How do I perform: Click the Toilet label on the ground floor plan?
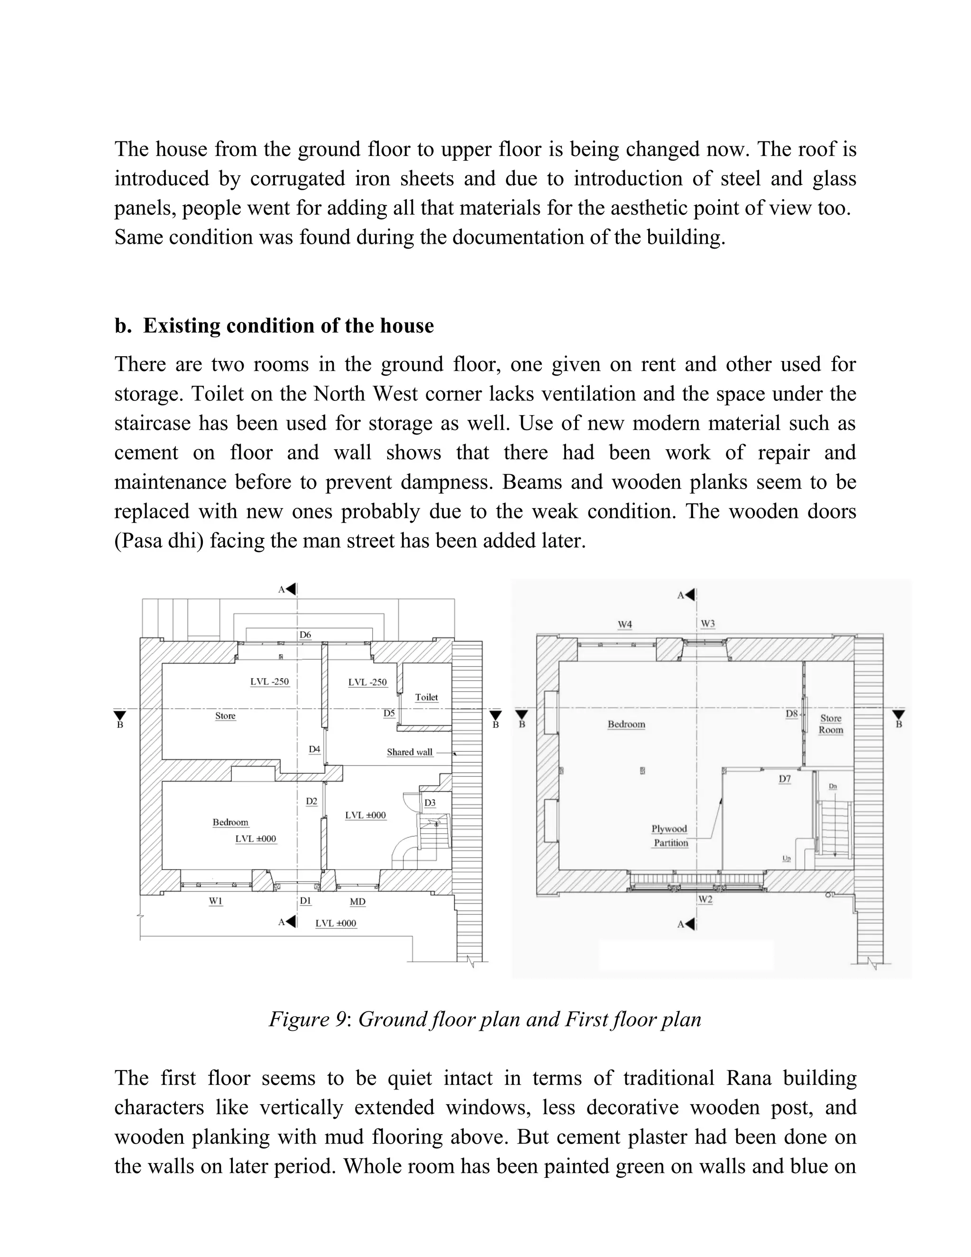[426, 697]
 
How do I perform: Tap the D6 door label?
[305, 635]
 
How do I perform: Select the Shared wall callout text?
[409, 752]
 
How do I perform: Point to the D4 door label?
[314, 749]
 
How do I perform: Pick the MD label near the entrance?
[357, 901]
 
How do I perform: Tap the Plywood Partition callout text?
[669, 836]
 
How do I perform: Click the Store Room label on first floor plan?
[831, 724]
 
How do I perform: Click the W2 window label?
[705, 899]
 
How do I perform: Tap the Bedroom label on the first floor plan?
[626, 724]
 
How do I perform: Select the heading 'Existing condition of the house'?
[288, 326]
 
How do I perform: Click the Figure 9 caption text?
[485, 1019]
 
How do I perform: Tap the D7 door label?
[785, 779]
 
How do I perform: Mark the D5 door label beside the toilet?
[389, 713]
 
